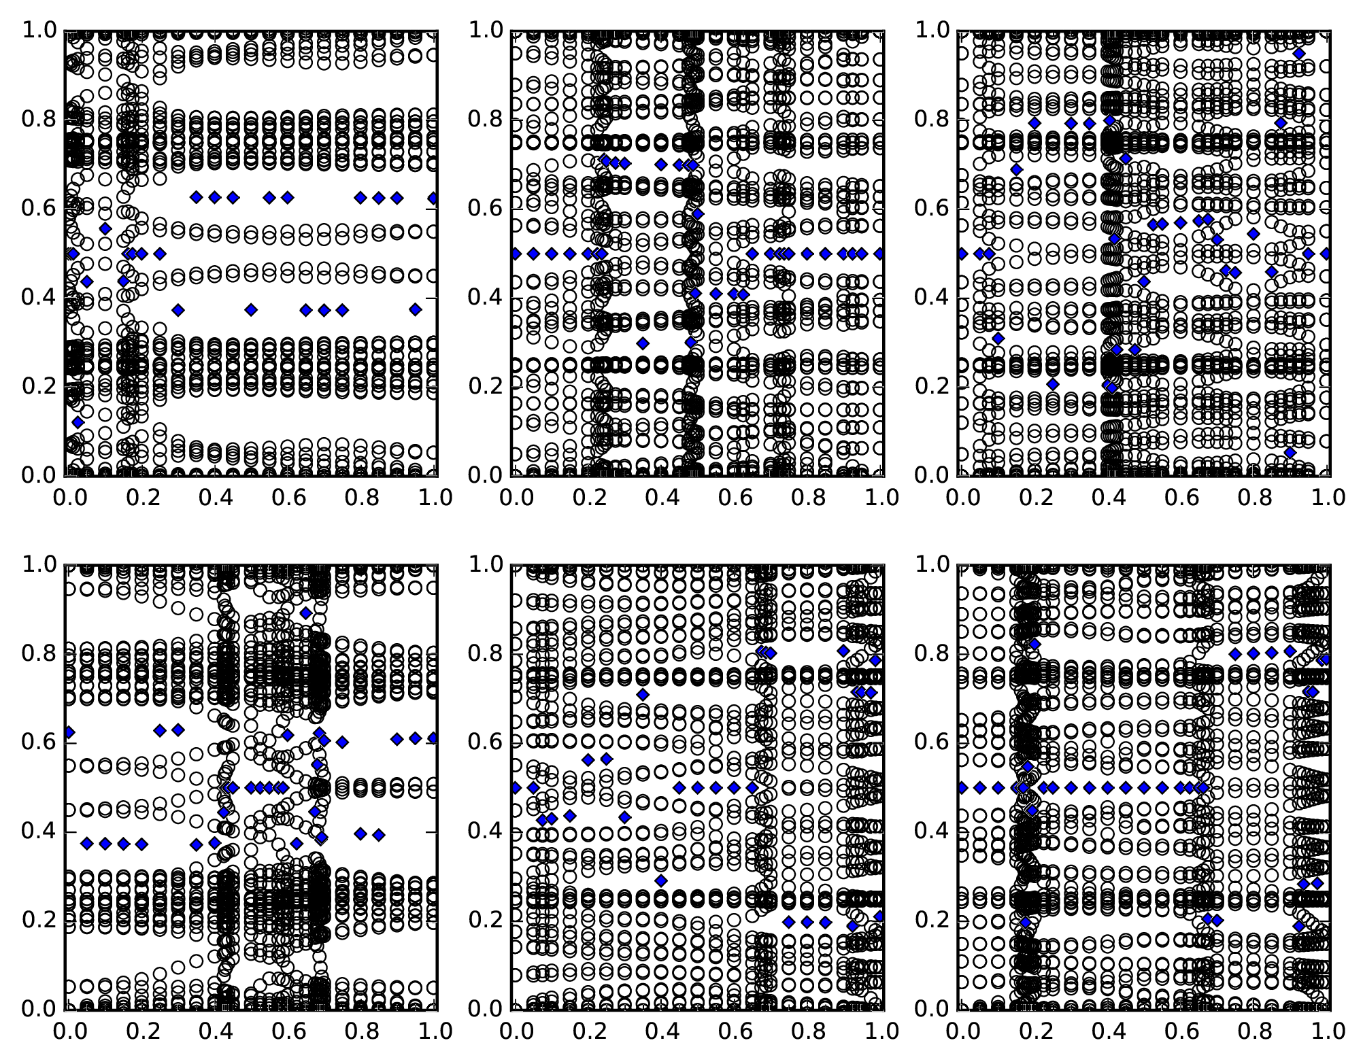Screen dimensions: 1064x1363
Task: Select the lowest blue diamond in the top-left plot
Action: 78,422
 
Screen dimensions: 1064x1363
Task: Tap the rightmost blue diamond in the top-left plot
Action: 433,198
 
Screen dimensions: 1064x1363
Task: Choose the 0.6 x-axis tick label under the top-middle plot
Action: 735,497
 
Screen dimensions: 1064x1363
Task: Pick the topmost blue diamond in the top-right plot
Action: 1299,54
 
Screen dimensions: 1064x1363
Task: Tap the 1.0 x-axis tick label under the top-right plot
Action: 1327,497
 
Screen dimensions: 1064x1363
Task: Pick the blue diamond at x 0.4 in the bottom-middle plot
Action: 661,881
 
